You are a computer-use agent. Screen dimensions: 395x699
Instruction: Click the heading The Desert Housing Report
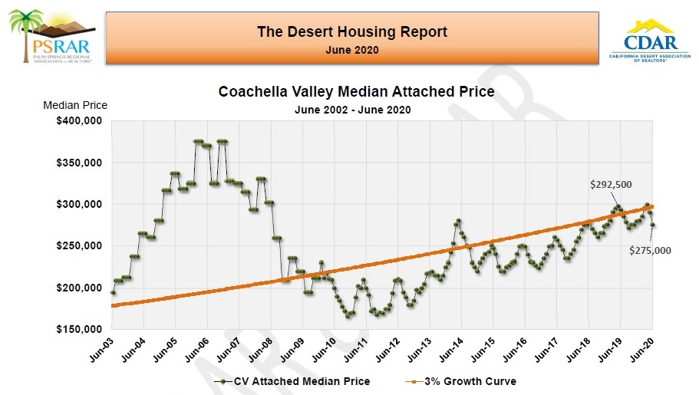[352, 31]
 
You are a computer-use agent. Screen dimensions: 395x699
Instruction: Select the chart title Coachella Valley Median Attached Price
[356, 92]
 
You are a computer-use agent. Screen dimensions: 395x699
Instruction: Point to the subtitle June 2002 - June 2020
[352, 110]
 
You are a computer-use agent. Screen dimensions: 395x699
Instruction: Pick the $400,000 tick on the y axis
[80, 121]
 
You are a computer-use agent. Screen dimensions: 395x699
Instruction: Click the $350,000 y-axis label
[80, 163]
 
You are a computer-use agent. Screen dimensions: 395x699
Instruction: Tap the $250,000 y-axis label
[80, 245]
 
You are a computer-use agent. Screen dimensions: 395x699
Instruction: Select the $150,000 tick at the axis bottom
[80, 329]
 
